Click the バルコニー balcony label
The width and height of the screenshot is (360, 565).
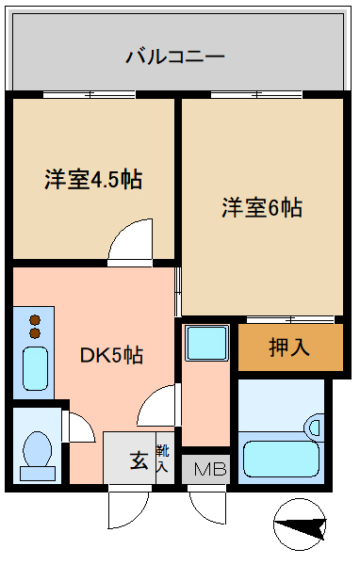tap(175, 56)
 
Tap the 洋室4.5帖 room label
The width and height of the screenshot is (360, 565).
tap(93, 179)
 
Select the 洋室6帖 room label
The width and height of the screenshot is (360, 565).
tap(262, 207)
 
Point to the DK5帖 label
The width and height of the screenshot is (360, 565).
tap(111, 355)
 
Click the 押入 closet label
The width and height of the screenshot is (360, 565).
tap(289, 347)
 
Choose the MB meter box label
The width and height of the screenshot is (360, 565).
tap(210, 469)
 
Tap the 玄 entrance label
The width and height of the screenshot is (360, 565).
tap(139, 460)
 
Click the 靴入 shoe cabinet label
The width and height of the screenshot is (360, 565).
tap(162, 459)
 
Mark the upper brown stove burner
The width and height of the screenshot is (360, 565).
tap(35, 320)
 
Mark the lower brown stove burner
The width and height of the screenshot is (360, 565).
tap(35, 333)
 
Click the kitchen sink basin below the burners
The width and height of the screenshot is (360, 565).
tap(36, 368)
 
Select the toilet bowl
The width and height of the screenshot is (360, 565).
tap(37, 448)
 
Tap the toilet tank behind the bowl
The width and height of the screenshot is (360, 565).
tap(38, 473)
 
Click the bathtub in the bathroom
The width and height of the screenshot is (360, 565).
tap(281, 460)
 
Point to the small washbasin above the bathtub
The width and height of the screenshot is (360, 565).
tap(314, 427)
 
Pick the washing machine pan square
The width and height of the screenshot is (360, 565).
tap(207, 343)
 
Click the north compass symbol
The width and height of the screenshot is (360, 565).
tap(300, 525)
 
